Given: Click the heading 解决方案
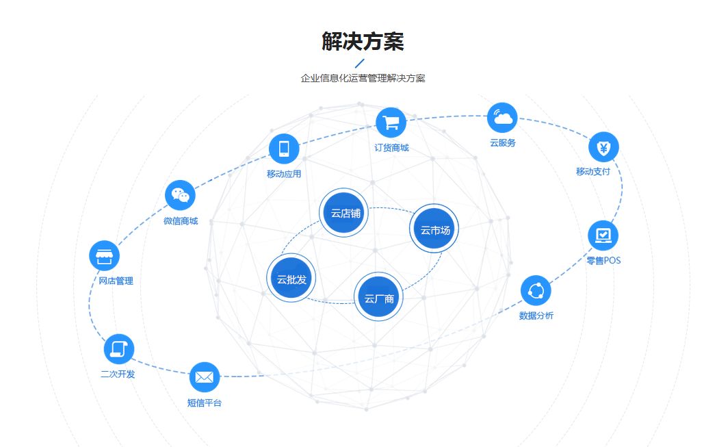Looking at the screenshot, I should pos(363,41).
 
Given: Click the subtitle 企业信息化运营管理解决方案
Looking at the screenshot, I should pos(363,78).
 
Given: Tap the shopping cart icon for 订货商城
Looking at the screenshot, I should pos(391,123).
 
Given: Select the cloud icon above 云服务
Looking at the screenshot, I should pos(502,118).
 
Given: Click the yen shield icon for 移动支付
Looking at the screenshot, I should pos(603,146).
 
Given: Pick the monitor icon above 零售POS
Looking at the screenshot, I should pos(603,235).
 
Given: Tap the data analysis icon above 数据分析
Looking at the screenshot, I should pos(536,290).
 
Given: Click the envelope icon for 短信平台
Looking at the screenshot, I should pos(204,376).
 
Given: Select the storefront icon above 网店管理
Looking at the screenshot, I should pos(104,256).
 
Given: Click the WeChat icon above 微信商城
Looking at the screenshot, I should pos(180,195).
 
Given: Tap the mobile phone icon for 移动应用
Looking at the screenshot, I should pos(284,149).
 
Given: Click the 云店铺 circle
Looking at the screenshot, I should pos(346,212).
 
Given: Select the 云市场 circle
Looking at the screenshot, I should pos(434,229).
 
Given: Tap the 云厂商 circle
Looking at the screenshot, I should pos(379,298).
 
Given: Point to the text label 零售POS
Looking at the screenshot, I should pos(603,261).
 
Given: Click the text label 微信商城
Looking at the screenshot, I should pos(181,221).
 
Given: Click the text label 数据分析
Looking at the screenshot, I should pos(536,316).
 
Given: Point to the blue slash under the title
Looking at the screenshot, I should pos(360,63).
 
